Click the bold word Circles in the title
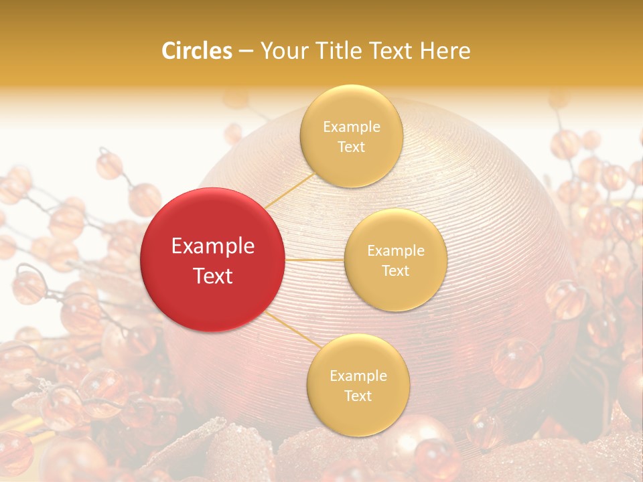[x=197, y=50]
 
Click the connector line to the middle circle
[x=315, y=259]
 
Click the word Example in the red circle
[x=213, y=246]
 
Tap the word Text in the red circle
[x=213, y=276]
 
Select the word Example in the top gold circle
[x=352, y=127]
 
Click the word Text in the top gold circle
[x=351, y=147]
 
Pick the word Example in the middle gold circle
[x=396, y=251]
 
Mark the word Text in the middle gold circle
[x=395, y=270]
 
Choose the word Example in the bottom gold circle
[x=358, y=376]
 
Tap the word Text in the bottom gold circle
[x=358, y=396]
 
